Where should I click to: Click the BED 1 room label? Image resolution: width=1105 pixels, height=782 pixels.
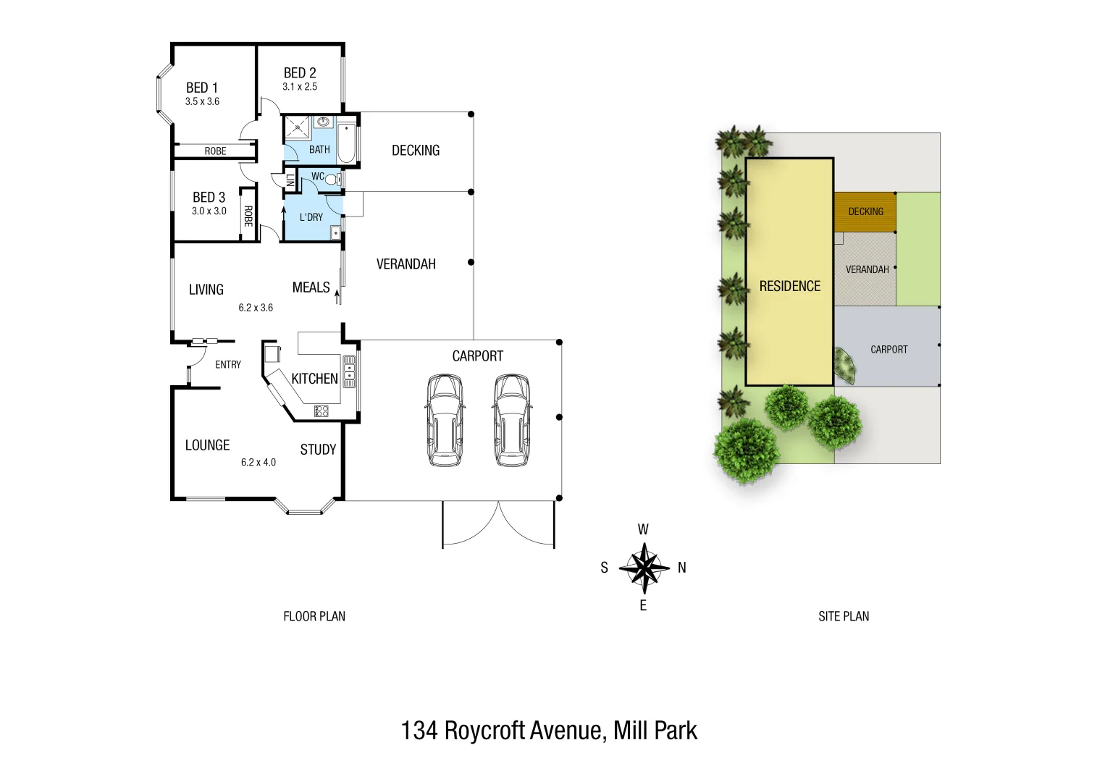pos(201,88)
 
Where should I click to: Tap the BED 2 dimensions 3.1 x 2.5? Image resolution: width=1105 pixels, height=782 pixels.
pos(300,87)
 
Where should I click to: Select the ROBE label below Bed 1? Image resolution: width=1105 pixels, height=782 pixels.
pos(215,151)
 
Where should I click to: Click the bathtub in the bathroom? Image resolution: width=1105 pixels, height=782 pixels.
pos(347,143)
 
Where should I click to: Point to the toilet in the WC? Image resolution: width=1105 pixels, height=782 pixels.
pos(332,179)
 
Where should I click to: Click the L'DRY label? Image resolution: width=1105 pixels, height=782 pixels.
pos(311,217)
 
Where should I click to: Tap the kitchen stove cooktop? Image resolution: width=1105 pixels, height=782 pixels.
pos(322,411)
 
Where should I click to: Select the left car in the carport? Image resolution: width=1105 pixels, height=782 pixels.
pos(444,420)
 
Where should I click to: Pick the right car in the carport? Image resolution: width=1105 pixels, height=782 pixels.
pos(512,420)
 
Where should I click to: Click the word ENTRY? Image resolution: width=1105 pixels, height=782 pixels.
pos(228,365)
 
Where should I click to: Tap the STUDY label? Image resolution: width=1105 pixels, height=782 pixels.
pos(318,450)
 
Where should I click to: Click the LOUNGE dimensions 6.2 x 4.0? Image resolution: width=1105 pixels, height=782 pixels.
pos(259,463)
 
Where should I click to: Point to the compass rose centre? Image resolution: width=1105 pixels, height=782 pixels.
pos(643,568)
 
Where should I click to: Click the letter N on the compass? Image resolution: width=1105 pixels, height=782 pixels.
pos(681,568)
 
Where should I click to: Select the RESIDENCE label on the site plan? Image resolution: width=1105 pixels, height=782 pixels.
pos(789,286)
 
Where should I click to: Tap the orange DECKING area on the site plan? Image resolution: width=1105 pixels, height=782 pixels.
pos(865,211)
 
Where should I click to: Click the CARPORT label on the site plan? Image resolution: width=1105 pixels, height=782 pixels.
pos(888,350)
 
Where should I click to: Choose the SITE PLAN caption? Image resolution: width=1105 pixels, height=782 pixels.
pos(844,616)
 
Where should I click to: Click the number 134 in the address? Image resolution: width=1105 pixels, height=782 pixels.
pos(419,731)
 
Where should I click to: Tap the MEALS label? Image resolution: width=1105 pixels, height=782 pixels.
pos(311,287)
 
